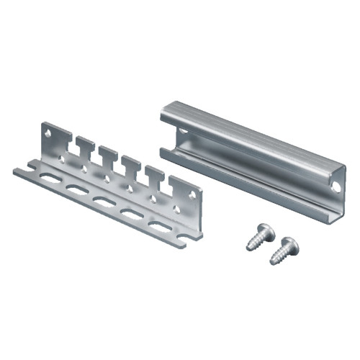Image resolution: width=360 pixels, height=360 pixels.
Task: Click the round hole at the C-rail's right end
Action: point(335,186)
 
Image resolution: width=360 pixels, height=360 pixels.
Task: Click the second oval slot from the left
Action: point(74,189)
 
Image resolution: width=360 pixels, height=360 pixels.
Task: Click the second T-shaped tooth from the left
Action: point(109,155)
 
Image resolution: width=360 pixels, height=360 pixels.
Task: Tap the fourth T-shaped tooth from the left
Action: point(154,176)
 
